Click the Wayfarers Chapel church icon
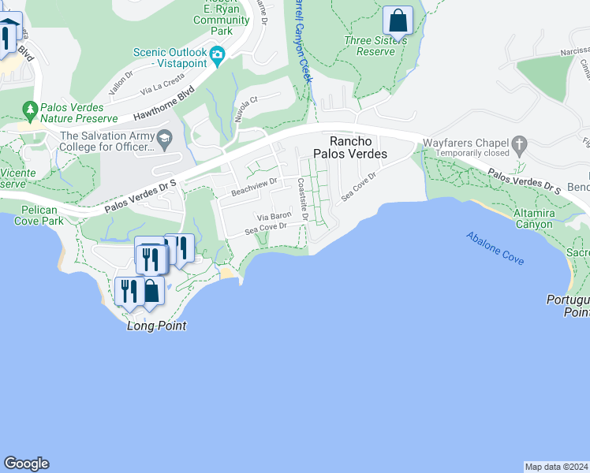[518, 143]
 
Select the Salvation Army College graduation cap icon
[165, 140]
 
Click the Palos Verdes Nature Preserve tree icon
[30, 107]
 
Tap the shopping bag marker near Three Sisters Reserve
[398, 20]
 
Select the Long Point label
[156, 325]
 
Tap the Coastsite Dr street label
[303, 199]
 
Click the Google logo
[26, 464]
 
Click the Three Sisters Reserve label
[369, 46]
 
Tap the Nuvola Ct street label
[246, 108]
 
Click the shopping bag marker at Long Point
[151, 290]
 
